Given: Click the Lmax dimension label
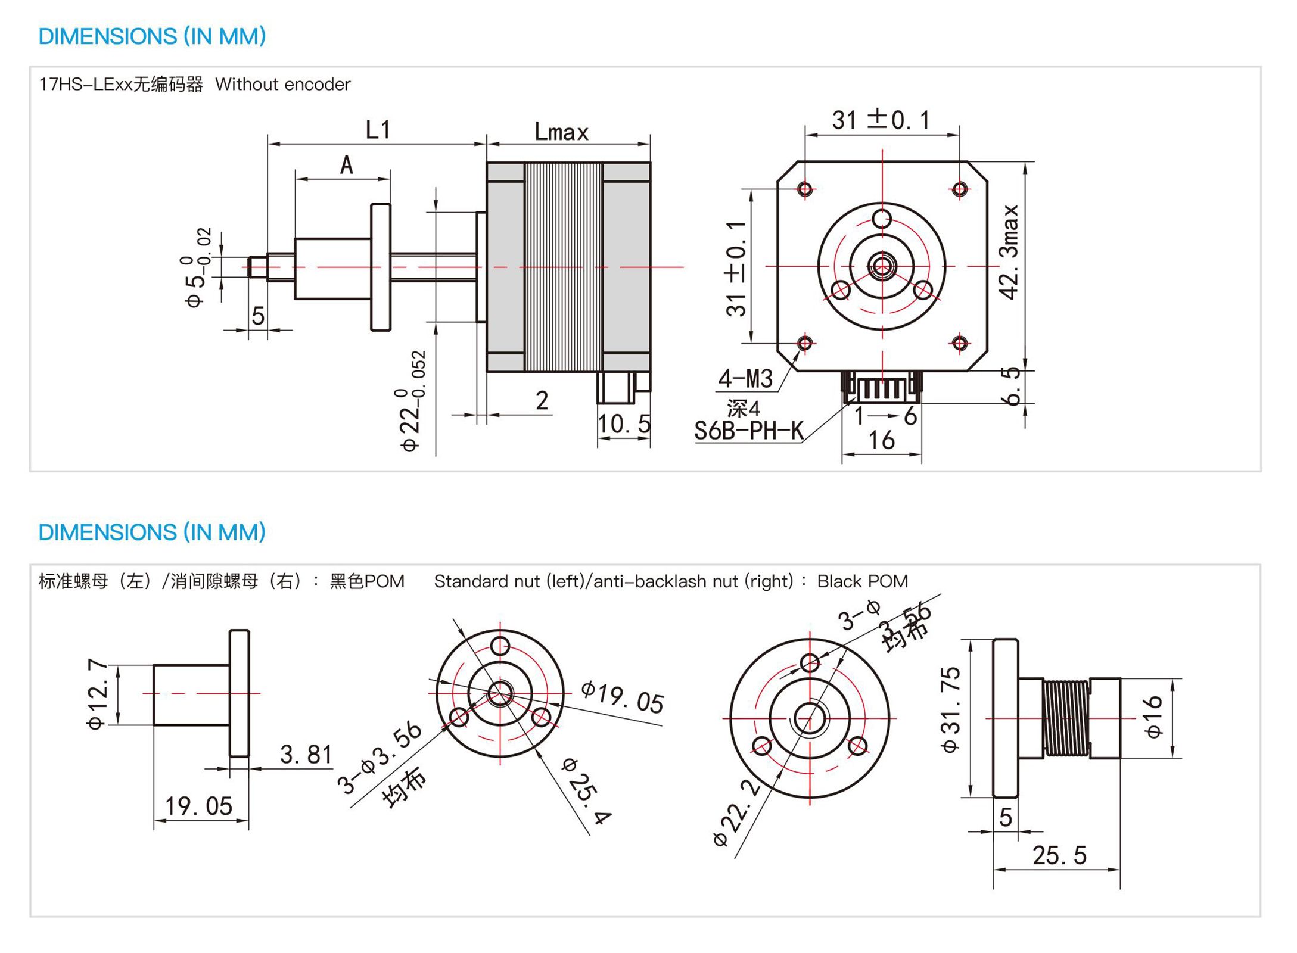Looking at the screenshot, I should (x=561, y=132).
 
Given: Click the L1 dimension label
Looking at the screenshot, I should (x=378, y=129).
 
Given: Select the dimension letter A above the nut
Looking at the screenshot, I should (x=346, y=165).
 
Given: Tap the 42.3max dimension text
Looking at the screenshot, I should (x=1010, y=252).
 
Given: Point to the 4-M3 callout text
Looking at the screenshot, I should (x=745, y=379).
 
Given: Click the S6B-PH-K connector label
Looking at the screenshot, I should (x=749, y=431).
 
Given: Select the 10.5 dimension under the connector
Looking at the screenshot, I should (x=624, y=424).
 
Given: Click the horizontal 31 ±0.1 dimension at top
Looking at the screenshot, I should (x=881, y=120).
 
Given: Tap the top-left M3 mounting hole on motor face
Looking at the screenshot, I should (x=805, y=189).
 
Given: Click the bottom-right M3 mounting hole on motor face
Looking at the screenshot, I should (x=959, y=343).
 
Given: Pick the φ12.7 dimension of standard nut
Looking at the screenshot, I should (x=98, y=694).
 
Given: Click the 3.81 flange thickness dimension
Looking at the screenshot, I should (x=306, y=755).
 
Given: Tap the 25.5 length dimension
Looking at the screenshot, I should (x=1059, y=855).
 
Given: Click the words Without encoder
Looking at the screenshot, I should (x=283, y=85).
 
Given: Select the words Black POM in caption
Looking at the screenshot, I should (x=862, y=581).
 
